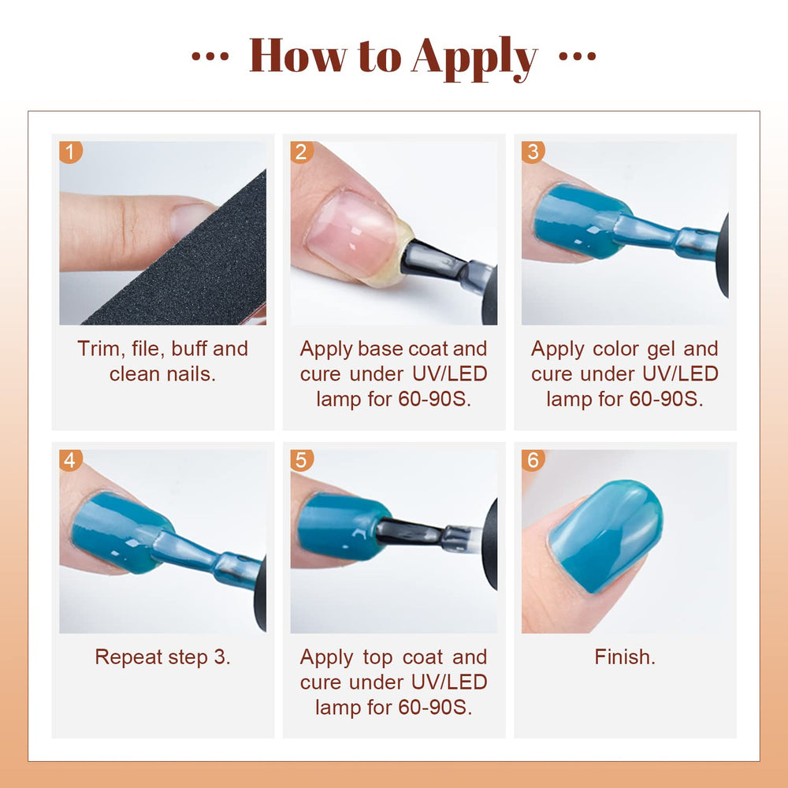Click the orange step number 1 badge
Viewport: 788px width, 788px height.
coord(70,152)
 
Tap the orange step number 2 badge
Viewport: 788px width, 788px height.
coord(302,152)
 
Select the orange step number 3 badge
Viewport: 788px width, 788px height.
coord(533,152)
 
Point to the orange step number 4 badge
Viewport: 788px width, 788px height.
coord(70,460)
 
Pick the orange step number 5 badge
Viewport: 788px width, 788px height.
coord(302,460)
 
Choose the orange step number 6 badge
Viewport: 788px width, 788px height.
coord(533,460)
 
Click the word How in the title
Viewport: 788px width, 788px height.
coord(298,55)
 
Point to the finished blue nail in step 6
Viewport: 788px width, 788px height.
coord(605,535)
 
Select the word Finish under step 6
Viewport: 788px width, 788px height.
coord(625,657)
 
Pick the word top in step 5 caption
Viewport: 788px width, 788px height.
coord(377,658)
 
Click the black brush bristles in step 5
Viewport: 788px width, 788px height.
coord(410,533)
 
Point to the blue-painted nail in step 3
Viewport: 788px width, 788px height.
coord(581,221)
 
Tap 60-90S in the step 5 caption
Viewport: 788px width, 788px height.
coord(435,708)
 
